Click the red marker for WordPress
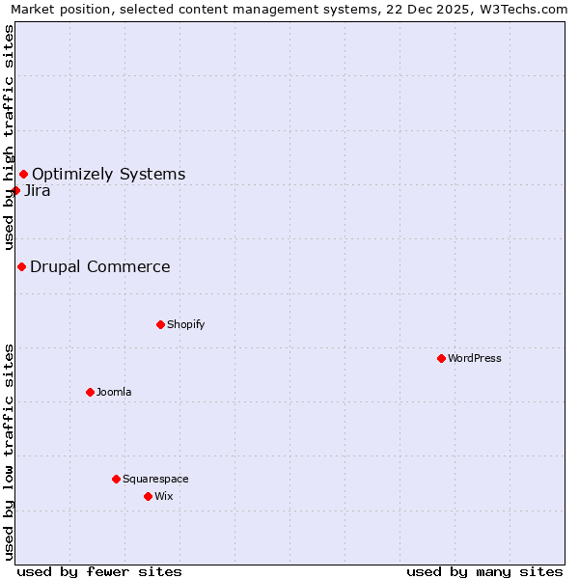tap(441, 358)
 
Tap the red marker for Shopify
tap(160, 324)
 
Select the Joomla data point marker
tap(90, 392)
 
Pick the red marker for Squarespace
tap(116, 479)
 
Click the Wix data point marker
tap(148, 496)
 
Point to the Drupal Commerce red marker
tap(21, 266)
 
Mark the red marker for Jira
tap(15, 190)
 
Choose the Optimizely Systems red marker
tap(23, 174)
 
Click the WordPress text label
tap(474, 358)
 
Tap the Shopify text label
tap(185, 324)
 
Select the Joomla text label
tap(114, 392)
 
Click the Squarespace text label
tap(155, 479)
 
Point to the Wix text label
tap(163, 496)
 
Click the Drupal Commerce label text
tap(99, 266)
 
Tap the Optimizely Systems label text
tap(108, 174)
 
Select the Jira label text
tap(38, 190)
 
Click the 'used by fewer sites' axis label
tap(99, 571)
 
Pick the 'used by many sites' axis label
tap(484, 571)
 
